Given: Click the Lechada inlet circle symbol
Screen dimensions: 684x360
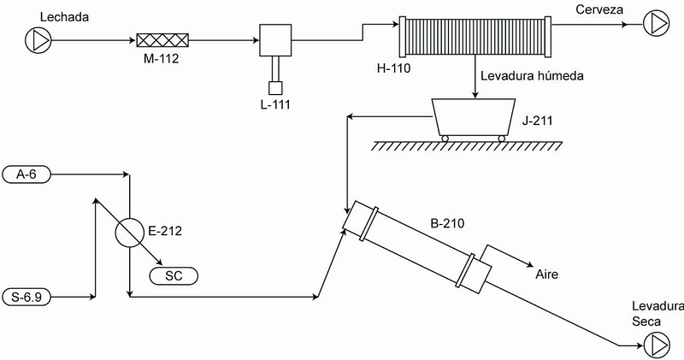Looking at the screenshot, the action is click(38, 40).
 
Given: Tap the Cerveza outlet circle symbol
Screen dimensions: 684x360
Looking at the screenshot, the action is click(657, 24).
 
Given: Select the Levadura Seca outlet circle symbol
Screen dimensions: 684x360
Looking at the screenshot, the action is click(657, 345).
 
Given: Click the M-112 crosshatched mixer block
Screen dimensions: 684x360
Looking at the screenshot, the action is click(162, 40).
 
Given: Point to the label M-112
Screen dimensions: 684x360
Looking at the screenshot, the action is click(161, 58).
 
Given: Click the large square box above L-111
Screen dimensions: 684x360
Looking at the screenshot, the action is click(275, 40).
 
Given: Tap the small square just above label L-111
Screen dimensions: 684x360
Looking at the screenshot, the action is click(275, 88).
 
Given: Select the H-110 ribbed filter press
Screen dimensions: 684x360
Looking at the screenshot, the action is click(475, 37).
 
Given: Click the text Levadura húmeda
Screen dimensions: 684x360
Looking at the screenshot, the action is click(532, 76).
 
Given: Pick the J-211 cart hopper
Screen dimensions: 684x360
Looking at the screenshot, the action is click(474, 116).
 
